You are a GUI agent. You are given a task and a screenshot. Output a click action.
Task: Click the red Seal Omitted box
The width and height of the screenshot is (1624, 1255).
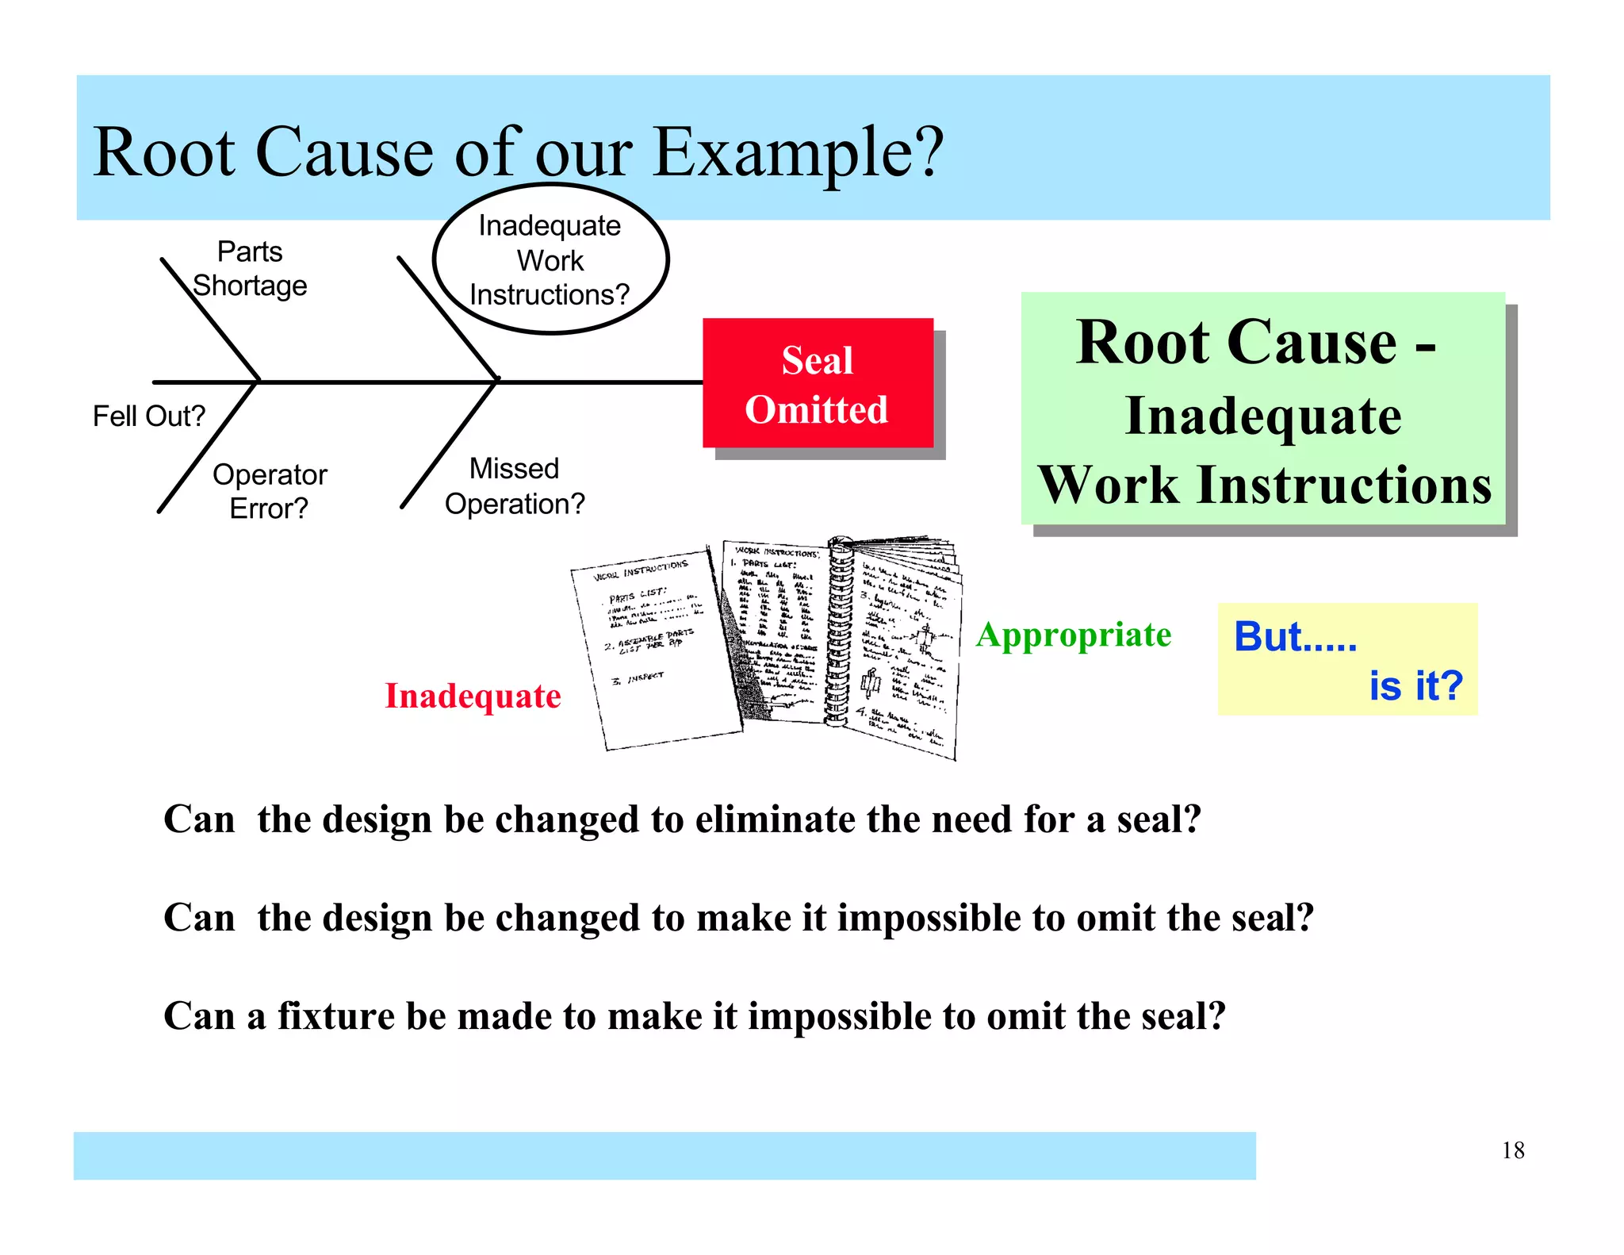(x=817, y=384)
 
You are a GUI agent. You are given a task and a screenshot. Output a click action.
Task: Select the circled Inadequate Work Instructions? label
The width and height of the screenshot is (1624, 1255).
(x=550, y=260)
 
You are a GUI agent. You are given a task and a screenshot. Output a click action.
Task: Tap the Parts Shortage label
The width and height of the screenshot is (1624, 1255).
(x=250, y=269)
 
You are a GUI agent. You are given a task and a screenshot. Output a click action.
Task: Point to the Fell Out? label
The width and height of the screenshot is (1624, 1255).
(x=148, y=416)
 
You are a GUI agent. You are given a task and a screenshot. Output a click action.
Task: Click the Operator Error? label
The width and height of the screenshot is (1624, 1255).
(x=269, y=491)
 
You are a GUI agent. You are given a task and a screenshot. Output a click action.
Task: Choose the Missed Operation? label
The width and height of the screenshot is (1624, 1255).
(x=514, y=486)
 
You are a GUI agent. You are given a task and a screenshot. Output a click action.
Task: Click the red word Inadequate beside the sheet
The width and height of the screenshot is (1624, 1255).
(x=473, y=696)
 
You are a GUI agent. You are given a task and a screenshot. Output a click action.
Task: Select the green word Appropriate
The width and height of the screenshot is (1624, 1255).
(x=1073, y=635)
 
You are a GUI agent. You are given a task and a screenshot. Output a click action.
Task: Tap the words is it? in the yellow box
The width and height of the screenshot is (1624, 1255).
(x=1415, y=685)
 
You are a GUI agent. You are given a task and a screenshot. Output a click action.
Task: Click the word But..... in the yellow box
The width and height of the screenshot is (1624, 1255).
(x=1295, y=636)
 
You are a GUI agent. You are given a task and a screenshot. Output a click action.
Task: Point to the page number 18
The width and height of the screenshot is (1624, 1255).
(x=1512, y=1150)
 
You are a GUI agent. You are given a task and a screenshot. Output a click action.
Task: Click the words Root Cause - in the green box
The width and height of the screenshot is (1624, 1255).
(x=1255, y=343)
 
